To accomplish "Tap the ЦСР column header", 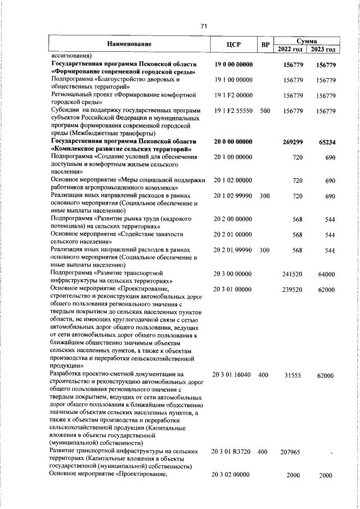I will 233,44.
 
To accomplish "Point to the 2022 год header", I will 290,49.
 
